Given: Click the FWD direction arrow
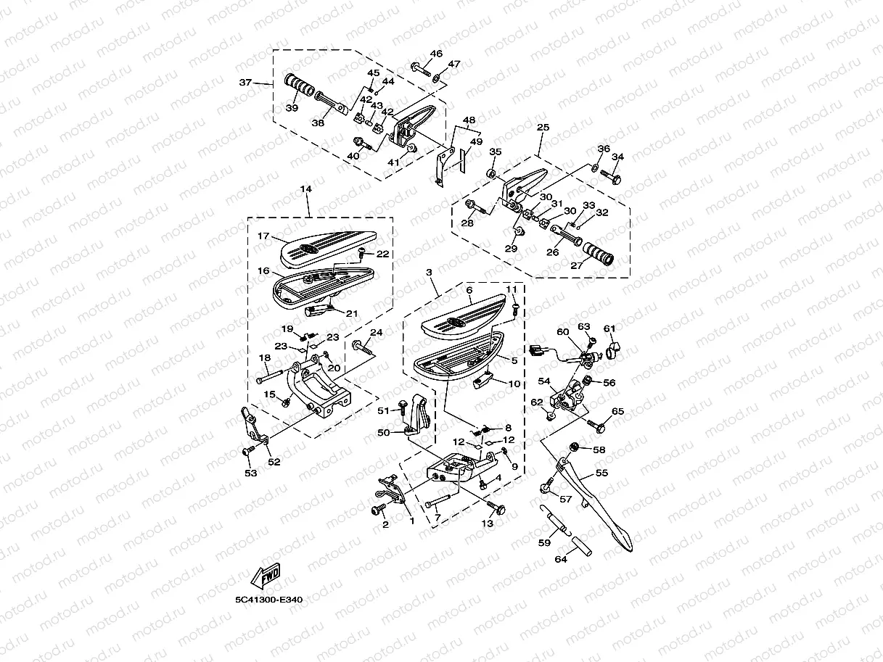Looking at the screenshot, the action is point(266,576).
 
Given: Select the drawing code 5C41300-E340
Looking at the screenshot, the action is point(268,600).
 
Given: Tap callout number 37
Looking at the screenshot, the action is point(245,83).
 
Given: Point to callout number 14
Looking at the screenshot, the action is point(305,189).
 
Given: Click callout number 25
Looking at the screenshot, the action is point(543,128).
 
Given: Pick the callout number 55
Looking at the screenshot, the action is point(601,473).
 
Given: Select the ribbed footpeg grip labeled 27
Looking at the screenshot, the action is point(598,254).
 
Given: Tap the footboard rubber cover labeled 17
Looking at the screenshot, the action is point(328,249).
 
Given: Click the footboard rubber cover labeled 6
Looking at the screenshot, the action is point(464,317).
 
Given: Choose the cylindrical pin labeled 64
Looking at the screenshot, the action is point(581,546).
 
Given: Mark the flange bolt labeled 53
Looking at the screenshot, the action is point(249,450).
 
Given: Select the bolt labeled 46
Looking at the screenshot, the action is point(422,69).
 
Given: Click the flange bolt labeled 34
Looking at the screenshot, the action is point(611,176).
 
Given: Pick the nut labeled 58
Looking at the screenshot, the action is point(575,447).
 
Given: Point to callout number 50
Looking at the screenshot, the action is point(383,432).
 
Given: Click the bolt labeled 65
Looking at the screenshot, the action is point(596,426).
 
